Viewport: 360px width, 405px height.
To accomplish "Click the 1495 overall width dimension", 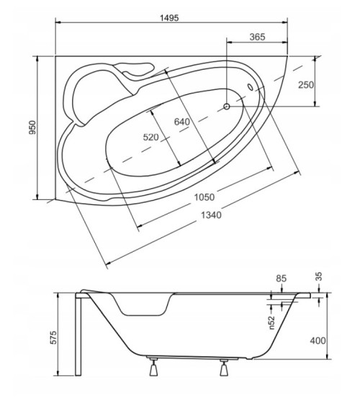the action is (169, 18).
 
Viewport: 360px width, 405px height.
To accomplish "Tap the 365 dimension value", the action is (258, 37).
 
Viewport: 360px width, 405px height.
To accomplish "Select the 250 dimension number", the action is (306, 85).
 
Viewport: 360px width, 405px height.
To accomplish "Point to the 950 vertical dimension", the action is (32, 127).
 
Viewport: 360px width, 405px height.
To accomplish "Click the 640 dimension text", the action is (182, 122).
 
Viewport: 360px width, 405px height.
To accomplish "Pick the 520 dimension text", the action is (151, 137).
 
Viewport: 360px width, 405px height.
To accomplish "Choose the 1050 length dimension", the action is (204, 197).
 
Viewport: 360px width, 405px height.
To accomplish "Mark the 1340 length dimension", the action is (211, 215).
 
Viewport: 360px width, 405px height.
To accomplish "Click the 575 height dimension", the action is (53, 337).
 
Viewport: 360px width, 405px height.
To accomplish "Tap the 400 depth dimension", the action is (318, 341).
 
